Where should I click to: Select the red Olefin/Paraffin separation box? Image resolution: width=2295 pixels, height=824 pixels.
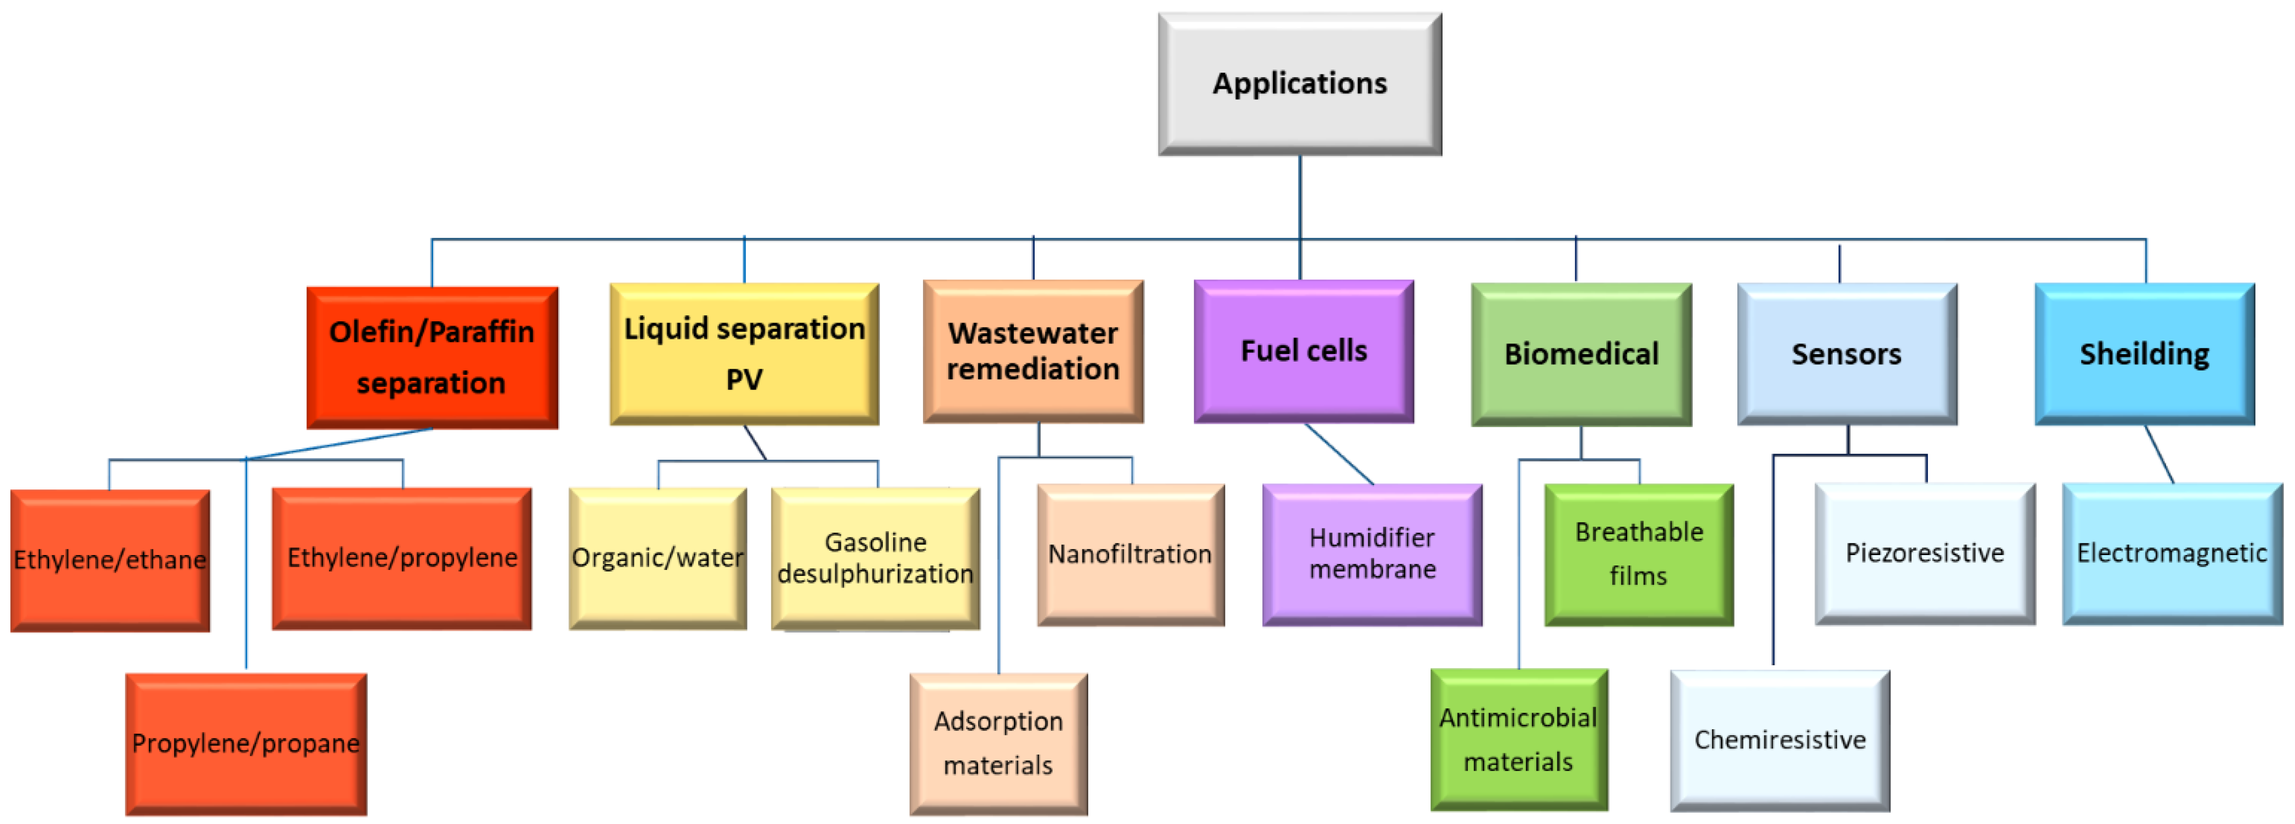click(x=432, y=357)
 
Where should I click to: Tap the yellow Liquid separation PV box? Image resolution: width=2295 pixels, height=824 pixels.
click(x=744, y=354)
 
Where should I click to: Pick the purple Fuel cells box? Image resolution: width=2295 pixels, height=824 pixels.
click(x=1303, y=351)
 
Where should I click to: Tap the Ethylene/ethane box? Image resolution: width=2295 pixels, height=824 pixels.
click(x=110, y=559)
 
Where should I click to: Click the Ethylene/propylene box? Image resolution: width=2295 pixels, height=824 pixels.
click(x=402, y=558)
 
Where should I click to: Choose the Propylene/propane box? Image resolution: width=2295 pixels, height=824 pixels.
click(x=246, y=743)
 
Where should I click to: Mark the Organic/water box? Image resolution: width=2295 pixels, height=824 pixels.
click(x=657, y=558)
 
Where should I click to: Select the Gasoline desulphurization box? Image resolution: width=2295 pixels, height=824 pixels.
click(x=875, y=558)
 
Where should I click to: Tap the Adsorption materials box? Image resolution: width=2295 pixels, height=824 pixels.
click(x=998, y=743)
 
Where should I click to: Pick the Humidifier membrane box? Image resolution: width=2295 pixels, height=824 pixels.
click(x=1372, y=554)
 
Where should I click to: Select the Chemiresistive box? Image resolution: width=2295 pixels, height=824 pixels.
click(x=1779, y=739)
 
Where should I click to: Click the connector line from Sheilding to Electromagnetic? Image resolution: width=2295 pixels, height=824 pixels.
click(x=2159, y=454)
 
